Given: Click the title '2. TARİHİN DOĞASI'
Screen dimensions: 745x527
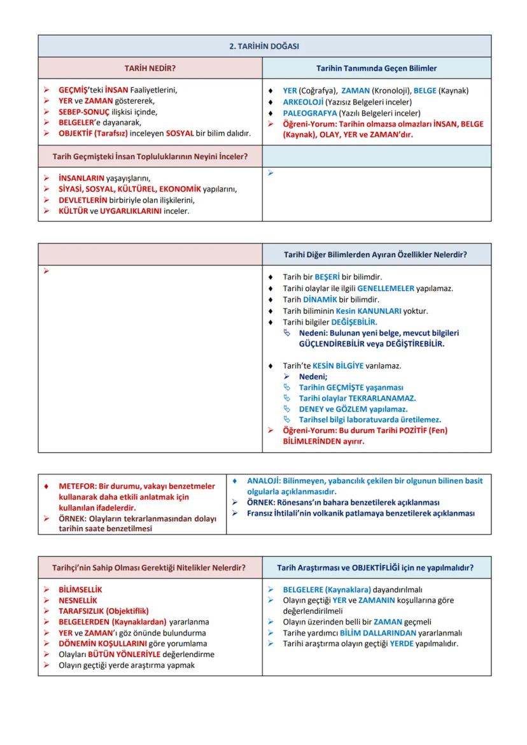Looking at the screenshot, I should tap(264, 46).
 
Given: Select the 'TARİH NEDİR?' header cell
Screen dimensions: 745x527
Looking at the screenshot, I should tap(150, 68).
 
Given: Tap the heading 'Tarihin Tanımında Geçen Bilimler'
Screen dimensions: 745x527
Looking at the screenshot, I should tap(376, 68).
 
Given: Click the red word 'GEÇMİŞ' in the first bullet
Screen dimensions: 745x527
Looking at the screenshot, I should tap(73, 90).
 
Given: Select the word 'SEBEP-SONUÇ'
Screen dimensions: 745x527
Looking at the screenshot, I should tap(83, 112).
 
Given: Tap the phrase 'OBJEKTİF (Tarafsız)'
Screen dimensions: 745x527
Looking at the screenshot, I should tap(93, 134).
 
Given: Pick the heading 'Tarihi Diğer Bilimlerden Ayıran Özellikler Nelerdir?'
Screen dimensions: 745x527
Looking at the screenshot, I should tap(376, 255).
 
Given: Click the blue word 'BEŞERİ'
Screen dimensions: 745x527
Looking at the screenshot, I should tap(327, 277).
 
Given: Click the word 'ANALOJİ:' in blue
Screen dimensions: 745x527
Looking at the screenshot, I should tap(262, 481).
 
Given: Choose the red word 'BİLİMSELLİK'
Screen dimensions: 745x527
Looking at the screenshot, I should tap(80, 590).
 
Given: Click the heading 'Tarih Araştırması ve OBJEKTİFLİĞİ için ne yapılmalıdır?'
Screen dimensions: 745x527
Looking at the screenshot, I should tap(376, 567).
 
